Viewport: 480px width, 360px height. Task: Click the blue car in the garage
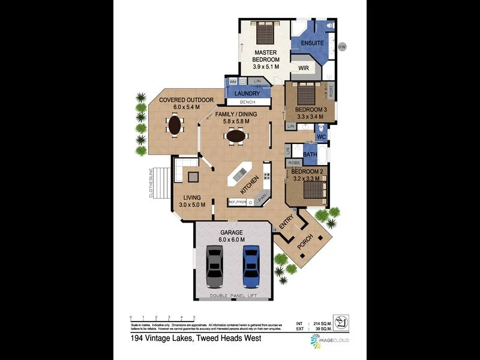coord(251,266)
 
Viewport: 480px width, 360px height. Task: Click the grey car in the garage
coord(215,266)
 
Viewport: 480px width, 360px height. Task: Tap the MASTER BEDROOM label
coord(265,55)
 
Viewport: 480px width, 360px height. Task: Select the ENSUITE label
coord(312,43)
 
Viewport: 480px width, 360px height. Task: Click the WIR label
coord(302,68)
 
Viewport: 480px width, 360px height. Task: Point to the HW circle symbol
coord(343,47)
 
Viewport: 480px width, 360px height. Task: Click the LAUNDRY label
coord(247,94)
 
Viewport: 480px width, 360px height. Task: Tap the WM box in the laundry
coord(233,81)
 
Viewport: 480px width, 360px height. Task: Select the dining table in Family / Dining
coord(235,136)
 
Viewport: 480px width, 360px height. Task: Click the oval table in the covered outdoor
coord(175,125)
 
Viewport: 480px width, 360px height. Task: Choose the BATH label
coord(310,155)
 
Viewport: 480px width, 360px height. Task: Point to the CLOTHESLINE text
coord(151,184)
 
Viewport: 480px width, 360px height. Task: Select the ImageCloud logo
coord(330,340)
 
